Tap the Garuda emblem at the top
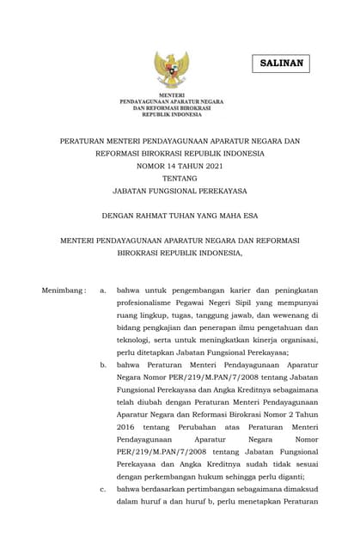[x=171, y=69]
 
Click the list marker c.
[x=103, y=489]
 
